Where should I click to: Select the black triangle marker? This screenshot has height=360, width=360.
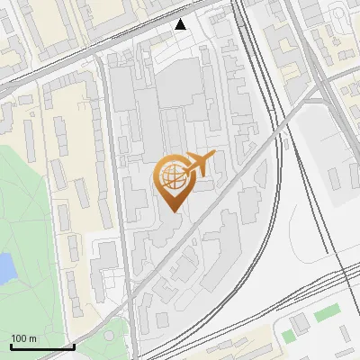click(181, 24)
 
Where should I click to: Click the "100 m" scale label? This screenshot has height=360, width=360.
click(23, 338)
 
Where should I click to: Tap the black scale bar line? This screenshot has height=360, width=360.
click(41, 346)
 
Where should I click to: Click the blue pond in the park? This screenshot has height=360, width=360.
click(4, 267)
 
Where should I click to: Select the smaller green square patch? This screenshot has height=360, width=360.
click(288, 336)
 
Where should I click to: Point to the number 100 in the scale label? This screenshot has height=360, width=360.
click(18, 338)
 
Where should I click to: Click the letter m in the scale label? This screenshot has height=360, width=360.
click(32, 338)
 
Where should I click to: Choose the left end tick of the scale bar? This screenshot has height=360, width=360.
click(10, 346)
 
